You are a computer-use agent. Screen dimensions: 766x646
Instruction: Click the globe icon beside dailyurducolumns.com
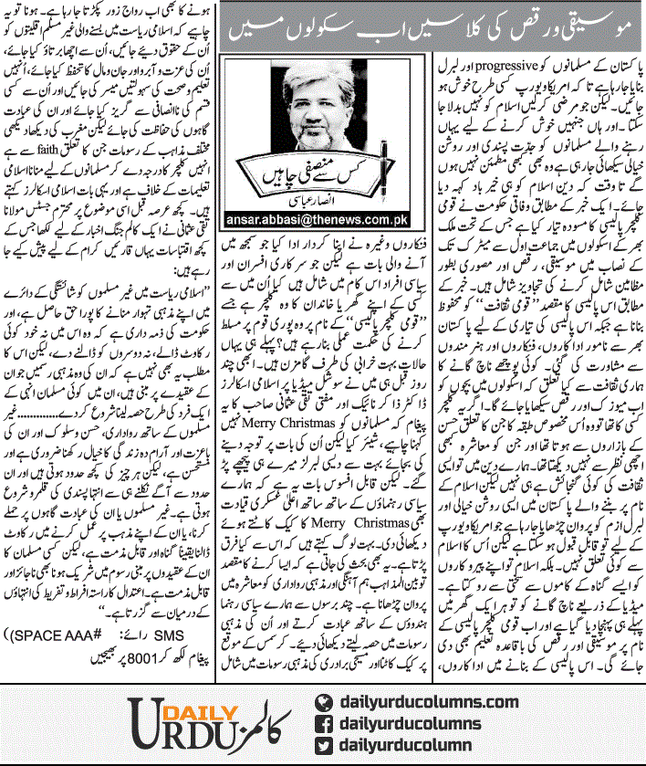(321, 702)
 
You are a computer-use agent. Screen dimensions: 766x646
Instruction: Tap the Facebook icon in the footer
(321, 726)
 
